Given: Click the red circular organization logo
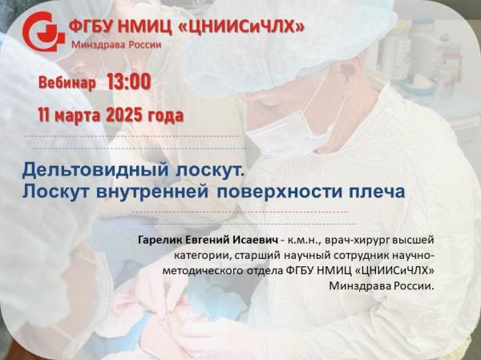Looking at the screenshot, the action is pyautogui.click(x=43, y=31).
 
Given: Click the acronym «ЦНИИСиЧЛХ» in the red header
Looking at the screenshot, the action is pyautogui.click(x=241, y=27).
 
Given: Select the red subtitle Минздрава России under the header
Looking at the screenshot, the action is pyautogui.click(x=116, y=45).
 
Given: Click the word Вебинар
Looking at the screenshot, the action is pyautogui.click(x=67, y=83).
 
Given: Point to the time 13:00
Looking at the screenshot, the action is pyautogui.click(x=129, y=82).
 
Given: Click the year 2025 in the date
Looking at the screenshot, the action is pyautogui.click(x=124, y=115).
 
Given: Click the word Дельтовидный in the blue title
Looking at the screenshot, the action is pyautogui.click(x=95, y=170).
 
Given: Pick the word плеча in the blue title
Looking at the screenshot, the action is pyautogui.click(x=377, y=192).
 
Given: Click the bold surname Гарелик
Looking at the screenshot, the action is pyautogui.click(x=160, y=240).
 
